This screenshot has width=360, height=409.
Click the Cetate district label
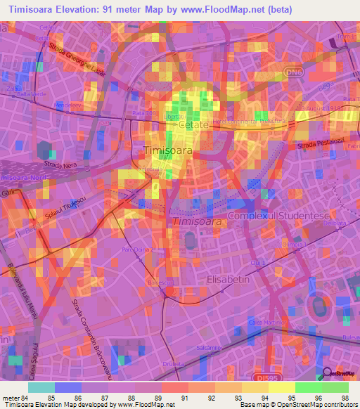pyautogui.click(x=193, y=124)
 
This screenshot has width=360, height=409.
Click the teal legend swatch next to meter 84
pyautogui.click(x=41, y=387)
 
